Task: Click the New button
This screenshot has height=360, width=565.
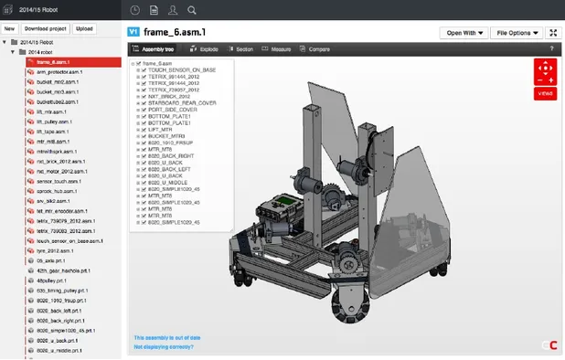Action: pos(9,28)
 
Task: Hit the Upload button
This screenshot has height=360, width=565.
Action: pos(84,28)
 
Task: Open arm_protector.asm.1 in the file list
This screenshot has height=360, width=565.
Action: pos(60,72)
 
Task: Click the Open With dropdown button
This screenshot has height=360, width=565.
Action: pos(464,33)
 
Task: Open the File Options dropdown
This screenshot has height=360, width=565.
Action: pos(517,33)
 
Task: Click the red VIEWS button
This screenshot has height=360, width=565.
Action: pos(545,93)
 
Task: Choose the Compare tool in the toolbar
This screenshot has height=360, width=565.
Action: pos(315,49)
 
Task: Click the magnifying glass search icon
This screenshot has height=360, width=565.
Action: pos(191,10)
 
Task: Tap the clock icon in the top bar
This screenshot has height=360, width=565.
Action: pos(135,10)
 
